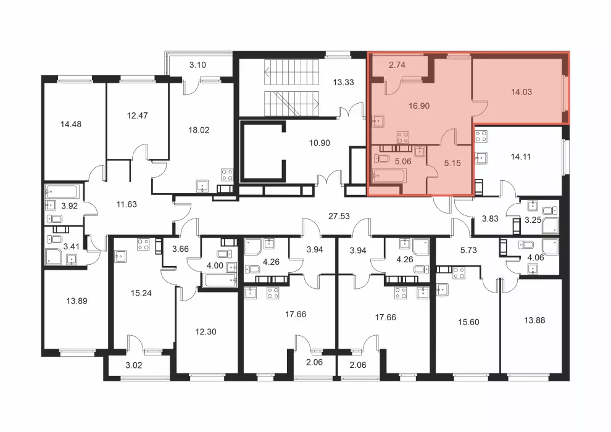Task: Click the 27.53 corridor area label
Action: point(339,216)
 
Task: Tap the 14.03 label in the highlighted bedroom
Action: point(522,92)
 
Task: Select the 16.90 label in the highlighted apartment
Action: point(419,106)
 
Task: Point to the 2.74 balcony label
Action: point(397,65)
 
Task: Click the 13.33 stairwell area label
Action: point(343,82)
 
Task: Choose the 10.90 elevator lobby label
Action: point(320,143)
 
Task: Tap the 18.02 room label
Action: point(199,130)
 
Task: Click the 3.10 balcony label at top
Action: point(197,65)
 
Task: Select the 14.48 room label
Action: point(71,124)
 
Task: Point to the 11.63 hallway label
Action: point(127,204)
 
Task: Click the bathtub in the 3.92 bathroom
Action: point(62,192)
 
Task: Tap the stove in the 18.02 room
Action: point(227,175)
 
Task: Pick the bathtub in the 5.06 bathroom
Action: point(389,176)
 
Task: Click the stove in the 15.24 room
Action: point(143,244)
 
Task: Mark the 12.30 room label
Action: point(206,332)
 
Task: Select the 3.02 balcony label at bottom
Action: point(134,365)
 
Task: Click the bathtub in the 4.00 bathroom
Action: point(220,280)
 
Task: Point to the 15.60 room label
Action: point(468,322)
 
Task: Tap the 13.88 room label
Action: point(534,320)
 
